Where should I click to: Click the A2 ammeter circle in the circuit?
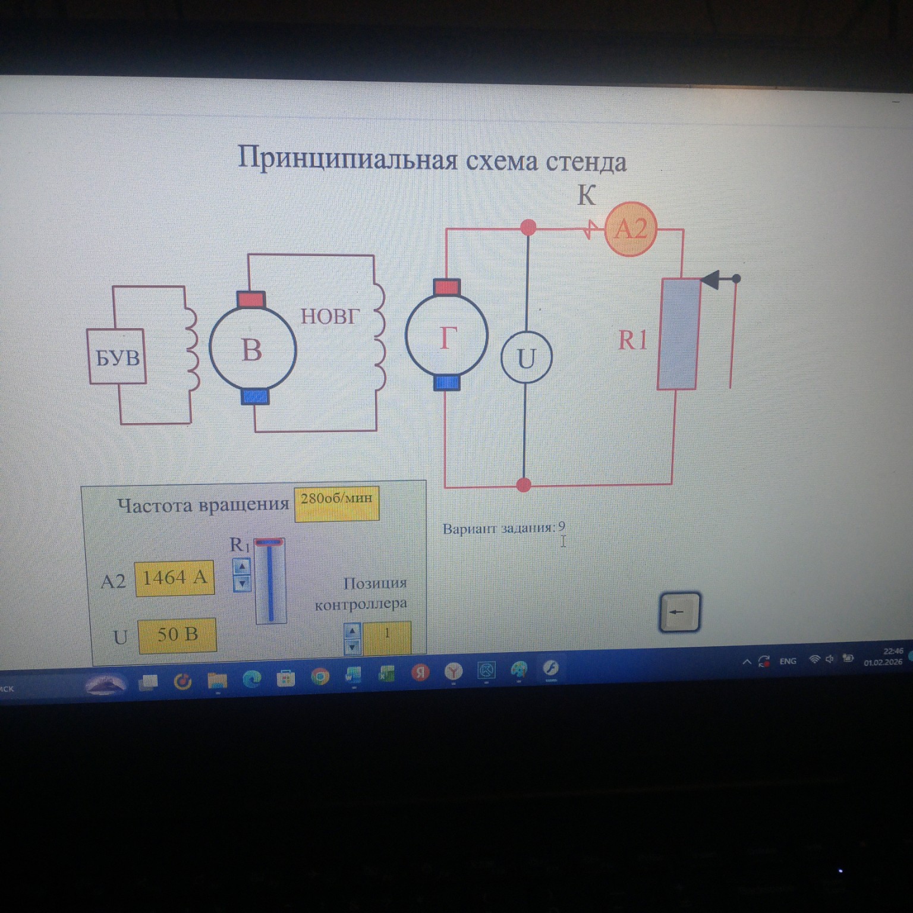[631, 229]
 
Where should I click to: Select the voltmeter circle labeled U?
[526, 358]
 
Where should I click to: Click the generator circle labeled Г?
[446, 336]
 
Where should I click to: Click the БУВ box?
[117, 357]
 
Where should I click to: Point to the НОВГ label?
[330, 316]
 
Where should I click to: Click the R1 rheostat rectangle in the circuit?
[678, 334]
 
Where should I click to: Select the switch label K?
[586, 196]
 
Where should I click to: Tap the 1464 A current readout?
[174, 578]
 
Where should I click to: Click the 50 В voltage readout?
[177, 635]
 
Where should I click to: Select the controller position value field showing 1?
[387, 636]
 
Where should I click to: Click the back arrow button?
[679, 612]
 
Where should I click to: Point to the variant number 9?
[562, 526]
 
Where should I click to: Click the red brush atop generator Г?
[446, 288]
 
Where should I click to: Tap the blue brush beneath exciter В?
[255, 396]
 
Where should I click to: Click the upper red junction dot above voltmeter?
[527, 227]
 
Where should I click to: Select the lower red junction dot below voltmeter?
[524, 484]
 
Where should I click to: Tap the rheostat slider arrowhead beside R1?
[711, 278]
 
